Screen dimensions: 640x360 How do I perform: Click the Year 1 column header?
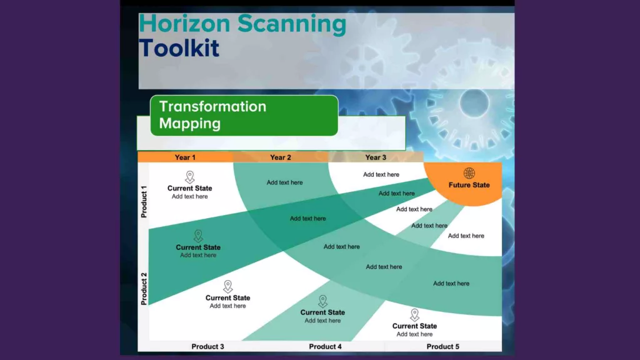click(x=185, y=157)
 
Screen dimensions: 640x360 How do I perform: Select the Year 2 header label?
click(x=281, y=157)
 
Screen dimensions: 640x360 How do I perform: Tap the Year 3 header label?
click(x=376, y=157)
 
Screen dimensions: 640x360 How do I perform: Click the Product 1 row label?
click(x=144, y=202)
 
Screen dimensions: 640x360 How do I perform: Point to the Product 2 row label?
click(x=144, y=289)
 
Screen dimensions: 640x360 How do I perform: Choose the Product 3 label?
click(x=207, y=346)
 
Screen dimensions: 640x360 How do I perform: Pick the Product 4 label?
click(x=325, y=346)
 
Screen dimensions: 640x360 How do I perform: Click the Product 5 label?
click(x=443, y=346)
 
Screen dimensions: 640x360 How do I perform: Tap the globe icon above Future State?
click(x=469, y=173)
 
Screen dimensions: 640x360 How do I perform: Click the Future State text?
click(x=469, y=185)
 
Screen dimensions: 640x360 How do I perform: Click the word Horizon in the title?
click(x=184, y=23)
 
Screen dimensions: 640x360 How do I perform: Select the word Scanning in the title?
click(x=292, y=24)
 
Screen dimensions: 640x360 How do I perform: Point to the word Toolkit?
click(x=179, y=47)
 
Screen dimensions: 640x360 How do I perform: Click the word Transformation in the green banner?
click(x=212, y=106)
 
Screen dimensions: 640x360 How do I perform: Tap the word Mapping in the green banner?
click(x=190, y=123)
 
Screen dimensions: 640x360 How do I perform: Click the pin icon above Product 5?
click(x=415, y=315)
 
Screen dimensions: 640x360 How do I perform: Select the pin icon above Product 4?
click(x=323, y=301)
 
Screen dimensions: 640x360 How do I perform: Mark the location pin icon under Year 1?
click(x=190, y=177)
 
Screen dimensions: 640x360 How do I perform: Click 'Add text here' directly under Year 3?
click(x=381, y=174)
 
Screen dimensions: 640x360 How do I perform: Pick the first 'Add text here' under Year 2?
click(x=285, y=182)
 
